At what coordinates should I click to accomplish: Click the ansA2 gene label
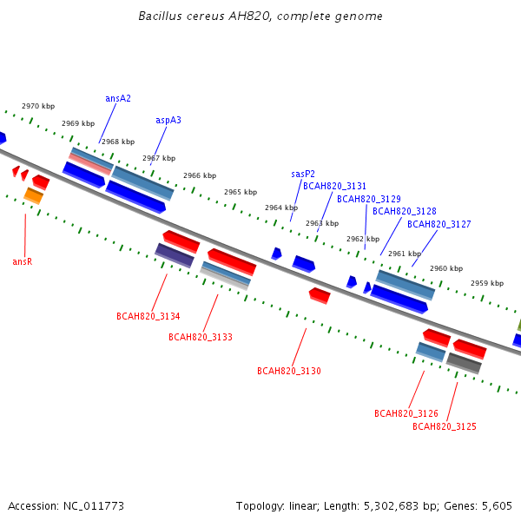click(118, 98)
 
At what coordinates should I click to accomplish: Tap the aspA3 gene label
click(168, 121)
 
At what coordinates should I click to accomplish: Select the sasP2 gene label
click(303, 174)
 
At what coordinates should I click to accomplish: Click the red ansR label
click(23, 262)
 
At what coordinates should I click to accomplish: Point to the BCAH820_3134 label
click(148, 316)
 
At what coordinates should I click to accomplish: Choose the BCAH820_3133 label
click(201, 337)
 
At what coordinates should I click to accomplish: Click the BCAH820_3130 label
click(289, 371)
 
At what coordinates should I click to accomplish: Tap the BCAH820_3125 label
click(445, 426)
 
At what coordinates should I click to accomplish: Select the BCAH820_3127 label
click(439, 224)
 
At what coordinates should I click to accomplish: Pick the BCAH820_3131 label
click(334, 186)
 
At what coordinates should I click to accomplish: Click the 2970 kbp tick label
click(38, 106)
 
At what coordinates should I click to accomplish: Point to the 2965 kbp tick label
click(241, 192)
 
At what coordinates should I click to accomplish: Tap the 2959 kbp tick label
click(487, 283)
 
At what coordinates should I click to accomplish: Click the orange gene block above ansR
click(34, 195)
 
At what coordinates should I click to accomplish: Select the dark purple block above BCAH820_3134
click(175, 255)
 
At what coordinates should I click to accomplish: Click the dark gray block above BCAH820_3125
click(464, 364)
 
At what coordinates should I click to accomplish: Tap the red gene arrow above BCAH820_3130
click(320, 296)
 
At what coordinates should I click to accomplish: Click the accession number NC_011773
click(94, 506)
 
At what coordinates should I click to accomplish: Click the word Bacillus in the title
click(160, 16)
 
